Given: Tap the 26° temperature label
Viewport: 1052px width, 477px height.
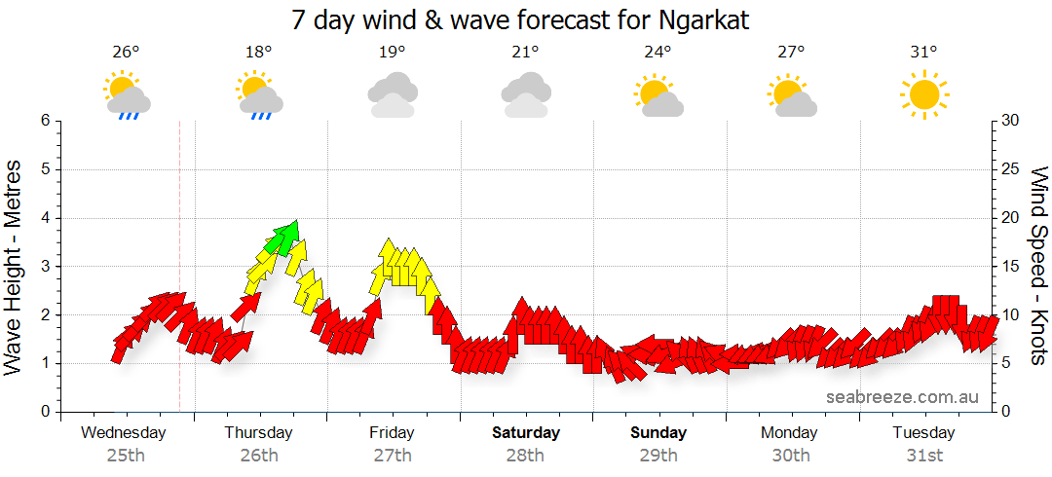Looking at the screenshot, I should [x=125, y=53].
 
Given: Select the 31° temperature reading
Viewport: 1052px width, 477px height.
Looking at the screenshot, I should [x=923, y=53].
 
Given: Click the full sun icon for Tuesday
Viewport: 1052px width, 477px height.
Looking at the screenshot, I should [x=923, y=94].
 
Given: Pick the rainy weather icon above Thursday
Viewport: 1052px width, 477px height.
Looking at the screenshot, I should [x=259, y=96].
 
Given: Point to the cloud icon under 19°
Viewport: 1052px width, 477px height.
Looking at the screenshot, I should [x=393, y=94].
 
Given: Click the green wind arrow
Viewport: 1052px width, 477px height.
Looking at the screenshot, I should [x=285, y=236].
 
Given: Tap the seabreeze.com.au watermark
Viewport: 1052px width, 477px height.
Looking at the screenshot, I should [x=902, y=396].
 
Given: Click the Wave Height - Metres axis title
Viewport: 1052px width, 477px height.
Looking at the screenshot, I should [x=15, y=266].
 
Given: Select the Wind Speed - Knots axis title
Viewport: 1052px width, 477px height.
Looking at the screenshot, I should [x=1036, y=266].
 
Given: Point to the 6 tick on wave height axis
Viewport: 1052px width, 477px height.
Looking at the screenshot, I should [x=45, y=121].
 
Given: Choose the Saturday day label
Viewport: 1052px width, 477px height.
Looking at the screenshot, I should [x=526, y=433].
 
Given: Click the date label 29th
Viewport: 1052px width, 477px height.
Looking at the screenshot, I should [x=658, y=455].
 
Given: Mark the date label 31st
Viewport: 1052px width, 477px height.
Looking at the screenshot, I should [x=923, y=455].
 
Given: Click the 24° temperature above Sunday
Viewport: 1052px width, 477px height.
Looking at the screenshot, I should [x=657, y=53].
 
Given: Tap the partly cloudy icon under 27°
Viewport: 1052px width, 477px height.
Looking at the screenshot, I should [x=791, y=96].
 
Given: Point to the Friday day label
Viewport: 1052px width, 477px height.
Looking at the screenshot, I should [x=392, y=433].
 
